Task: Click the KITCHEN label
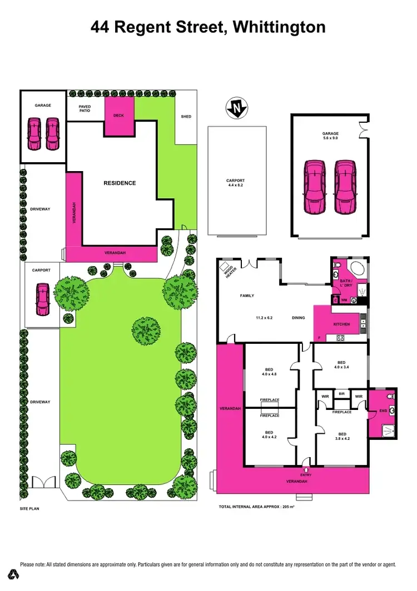click(341, 324)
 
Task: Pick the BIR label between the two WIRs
click(342, 394)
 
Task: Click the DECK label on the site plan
click(118, 116)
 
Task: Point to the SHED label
click(186, 117)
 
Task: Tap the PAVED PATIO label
click(85, 108)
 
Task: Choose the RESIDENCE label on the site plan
click(120, 183)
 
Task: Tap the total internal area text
click(257, 507)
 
